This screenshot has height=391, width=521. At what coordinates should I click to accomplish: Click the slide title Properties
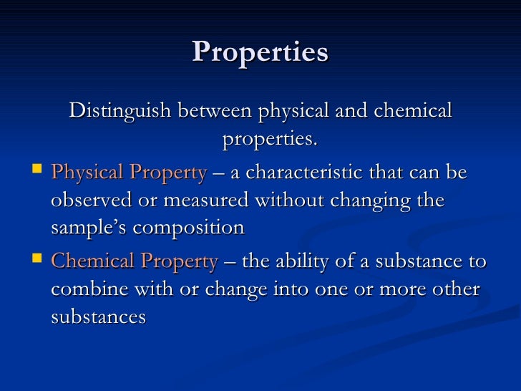260,52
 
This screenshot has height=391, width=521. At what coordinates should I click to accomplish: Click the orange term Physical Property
129,173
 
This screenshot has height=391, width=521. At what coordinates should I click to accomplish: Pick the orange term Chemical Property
135,262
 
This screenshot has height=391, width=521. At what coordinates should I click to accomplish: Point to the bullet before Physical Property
38,171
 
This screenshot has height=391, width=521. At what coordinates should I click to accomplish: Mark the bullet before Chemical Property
38,260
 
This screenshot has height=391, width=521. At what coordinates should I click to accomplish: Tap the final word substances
99,317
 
